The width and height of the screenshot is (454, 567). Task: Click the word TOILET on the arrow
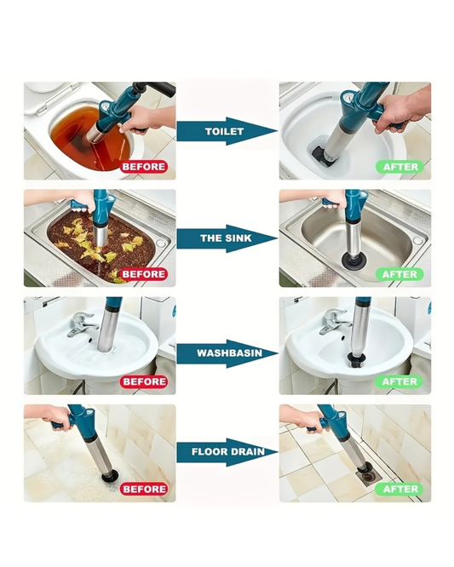coord(224,131)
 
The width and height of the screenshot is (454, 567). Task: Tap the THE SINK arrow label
coord(226,238)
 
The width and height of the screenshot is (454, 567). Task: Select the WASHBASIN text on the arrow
coord(229,353)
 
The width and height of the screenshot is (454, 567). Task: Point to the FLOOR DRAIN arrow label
coord(228,452)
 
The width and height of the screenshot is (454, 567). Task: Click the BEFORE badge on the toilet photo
coord(144,167)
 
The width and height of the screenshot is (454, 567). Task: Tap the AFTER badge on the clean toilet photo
coord(399,167)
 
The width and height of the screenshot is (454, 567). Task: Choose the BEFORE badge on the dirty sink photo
coord(144,274)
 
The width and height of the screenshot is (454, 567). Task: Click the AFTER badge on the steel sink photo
coord(399,274)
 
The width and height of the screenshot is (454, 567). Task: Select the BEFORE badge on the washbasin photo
coord(144,381)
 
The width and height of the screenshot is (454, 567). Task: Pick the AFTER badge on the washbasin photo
coord(399,381)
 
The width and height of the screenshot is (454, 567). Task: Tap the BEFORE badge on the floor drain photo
coord(144,489)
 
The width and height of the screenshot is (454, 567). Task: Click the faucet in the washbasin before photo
coord(82,324)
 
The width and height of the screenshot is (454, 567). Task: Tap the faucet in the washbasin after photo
coord(334,322)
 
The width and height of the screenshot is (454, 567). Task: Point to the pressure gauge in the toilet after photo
coord(346,98)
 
